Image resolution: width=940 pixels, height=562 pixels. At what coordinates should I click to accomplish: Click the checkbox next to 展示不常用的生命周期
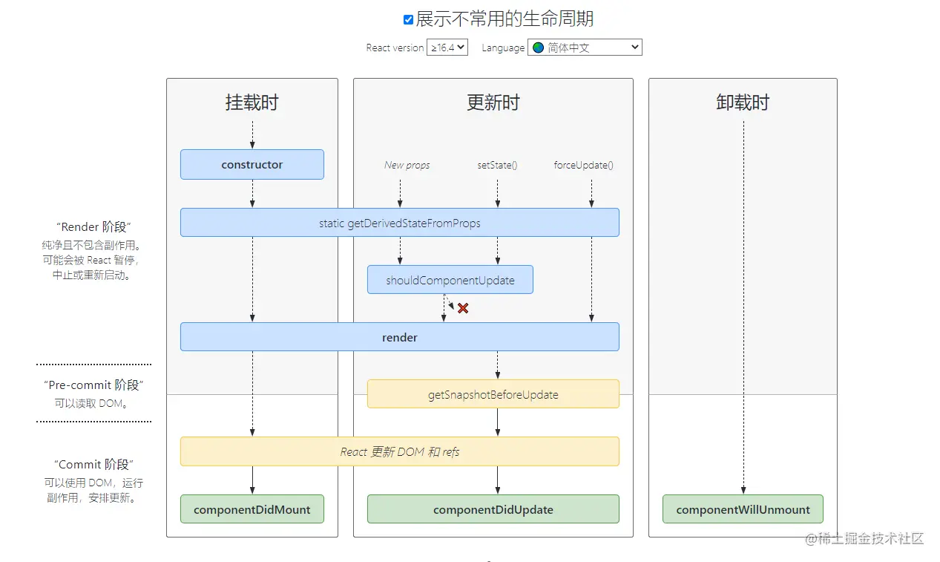[x=408, y=20]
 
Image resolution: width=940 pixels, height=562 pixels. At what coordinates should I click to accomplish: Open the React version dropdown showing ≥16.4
[x=447, y=48]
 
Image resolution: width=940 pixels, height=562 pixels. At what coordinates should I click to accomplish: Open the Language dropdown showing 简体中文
[x=585, y=48]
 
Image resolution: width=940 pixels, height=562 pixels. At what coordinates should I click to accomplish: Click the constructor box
[x=252, y=165]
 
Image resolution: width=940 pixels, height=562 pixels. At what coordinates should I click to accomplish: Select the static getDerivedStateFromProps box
[x=400, y=223]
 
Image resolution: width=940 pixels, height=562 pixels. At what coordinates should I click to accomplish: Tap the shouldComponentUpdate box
[x=450, y=281]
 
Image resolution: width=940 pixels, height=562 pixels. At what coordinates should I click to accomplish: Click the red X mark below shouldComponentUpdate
[x=463, y=308]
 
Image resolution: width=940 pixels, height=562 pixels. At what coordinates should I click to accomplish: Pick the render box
[x=400, y=337]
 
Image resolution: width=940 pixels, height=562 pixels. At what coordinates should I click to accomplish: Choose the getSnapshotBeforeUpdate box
[x=493, y=394]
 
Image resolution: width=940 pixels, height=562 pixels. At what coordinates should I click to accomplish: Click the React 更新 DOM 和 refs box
[x=400, y=451]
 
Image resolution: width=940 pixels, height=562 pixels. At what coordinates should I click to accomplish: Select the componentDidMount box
[x=252, y=509]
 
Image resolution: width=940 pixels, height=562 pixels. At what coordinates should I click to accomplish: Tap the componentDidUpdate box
[x=493, y=509]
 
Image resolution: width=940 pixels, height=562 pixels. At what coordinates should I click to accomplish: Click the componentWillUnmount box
[x=743, y=509]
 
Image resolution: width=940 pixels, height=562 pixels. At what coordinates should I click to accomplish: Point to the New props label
[x=407, y=165]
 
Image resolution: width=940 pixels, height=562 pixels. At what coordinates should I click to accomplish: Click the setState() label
[x=497, y=165]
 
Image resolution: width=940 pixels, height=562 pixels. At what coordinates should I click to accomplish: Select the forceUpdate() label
[x=584, y=165]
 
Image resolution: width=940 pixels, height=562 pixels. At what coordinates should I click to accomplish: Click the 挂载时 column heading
[x=252, y=102]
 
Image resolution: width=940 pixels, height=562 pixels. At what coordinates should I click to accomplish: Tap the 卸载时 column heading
[x=743, y=102]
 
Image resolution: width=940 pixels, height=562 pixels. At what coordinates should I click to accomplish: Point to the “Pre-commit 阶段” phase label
[x=93, y=385]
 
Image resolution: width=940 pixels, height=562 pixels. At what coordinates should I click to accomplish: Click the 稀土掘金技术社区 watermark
[x=865, y=539]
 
